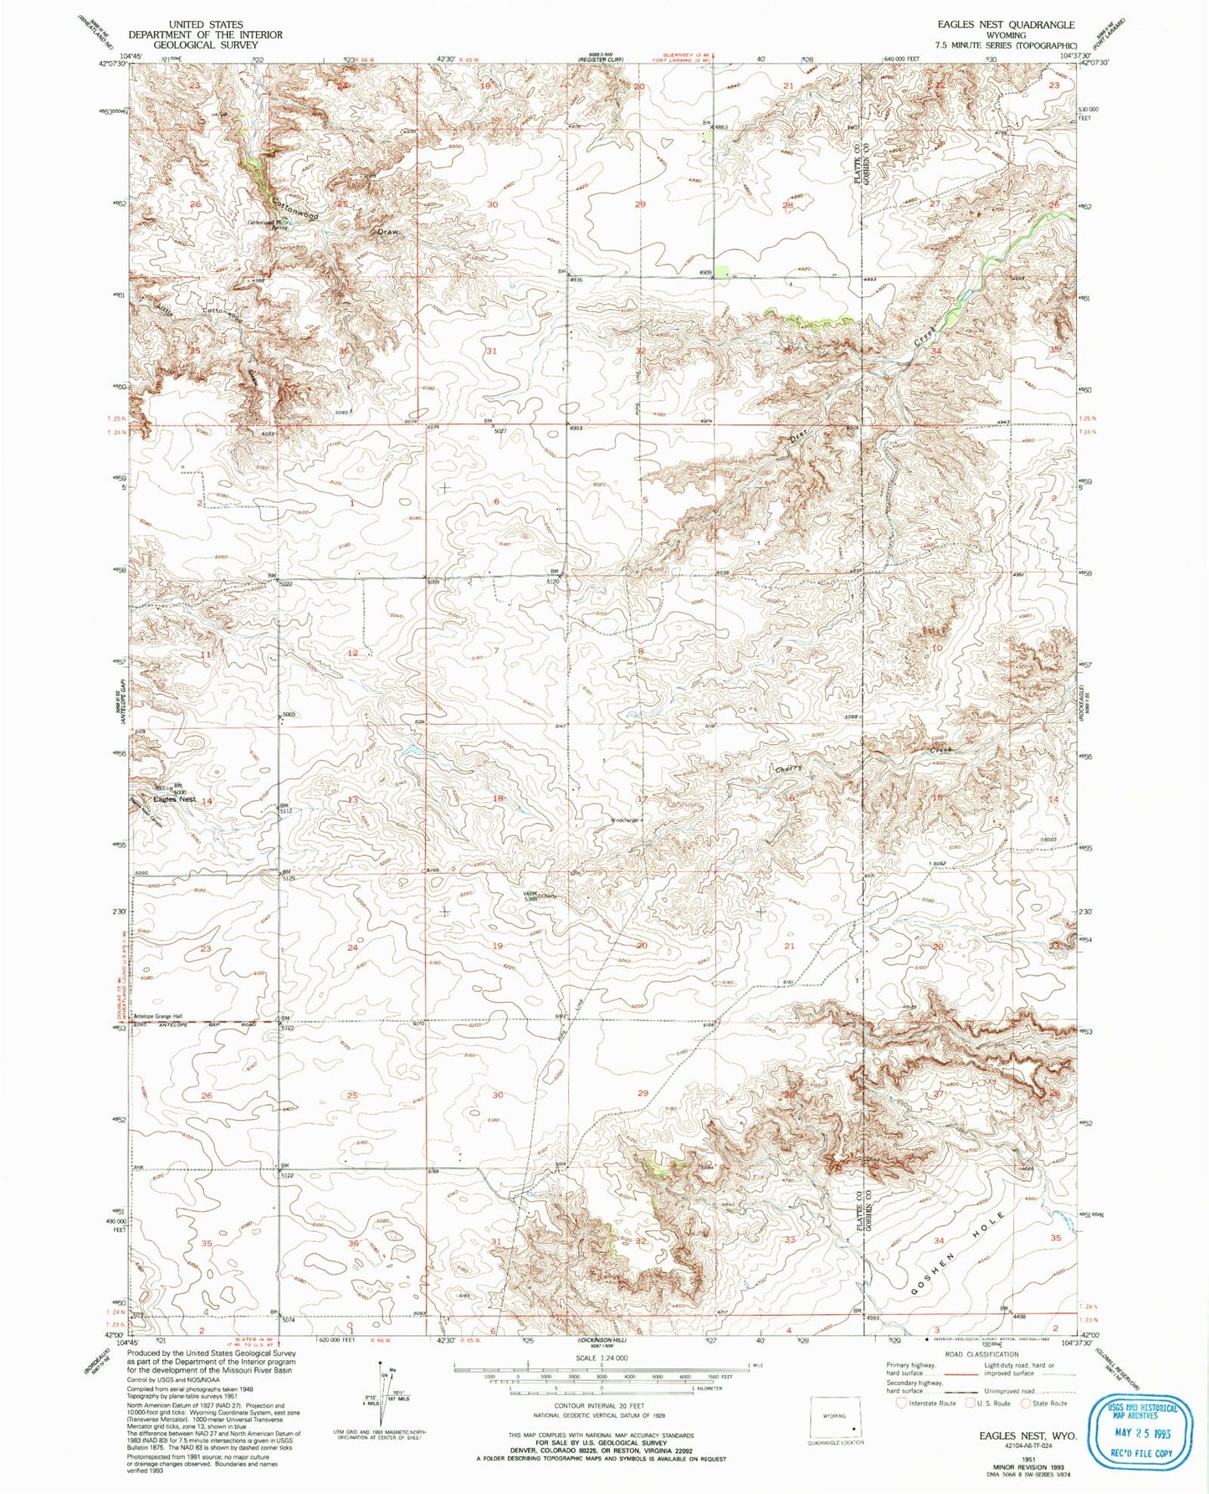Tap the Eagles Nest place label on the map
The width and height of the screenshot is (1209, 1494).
tap(174, 799)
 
